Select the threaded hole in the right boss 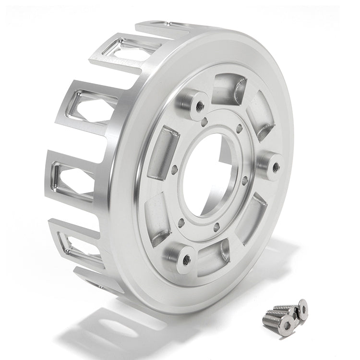pyautogui.click(x=276, y=168)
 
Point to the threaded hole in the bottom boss pyautogui.click(x=186, y=260)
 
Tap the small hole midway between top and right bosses pyautogui.click(x=239, y=129)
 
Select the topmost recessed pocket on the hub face pyautogui.click(x=229, y=89)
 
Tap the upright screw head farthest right pyautogui.click(x=302, y=309)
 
